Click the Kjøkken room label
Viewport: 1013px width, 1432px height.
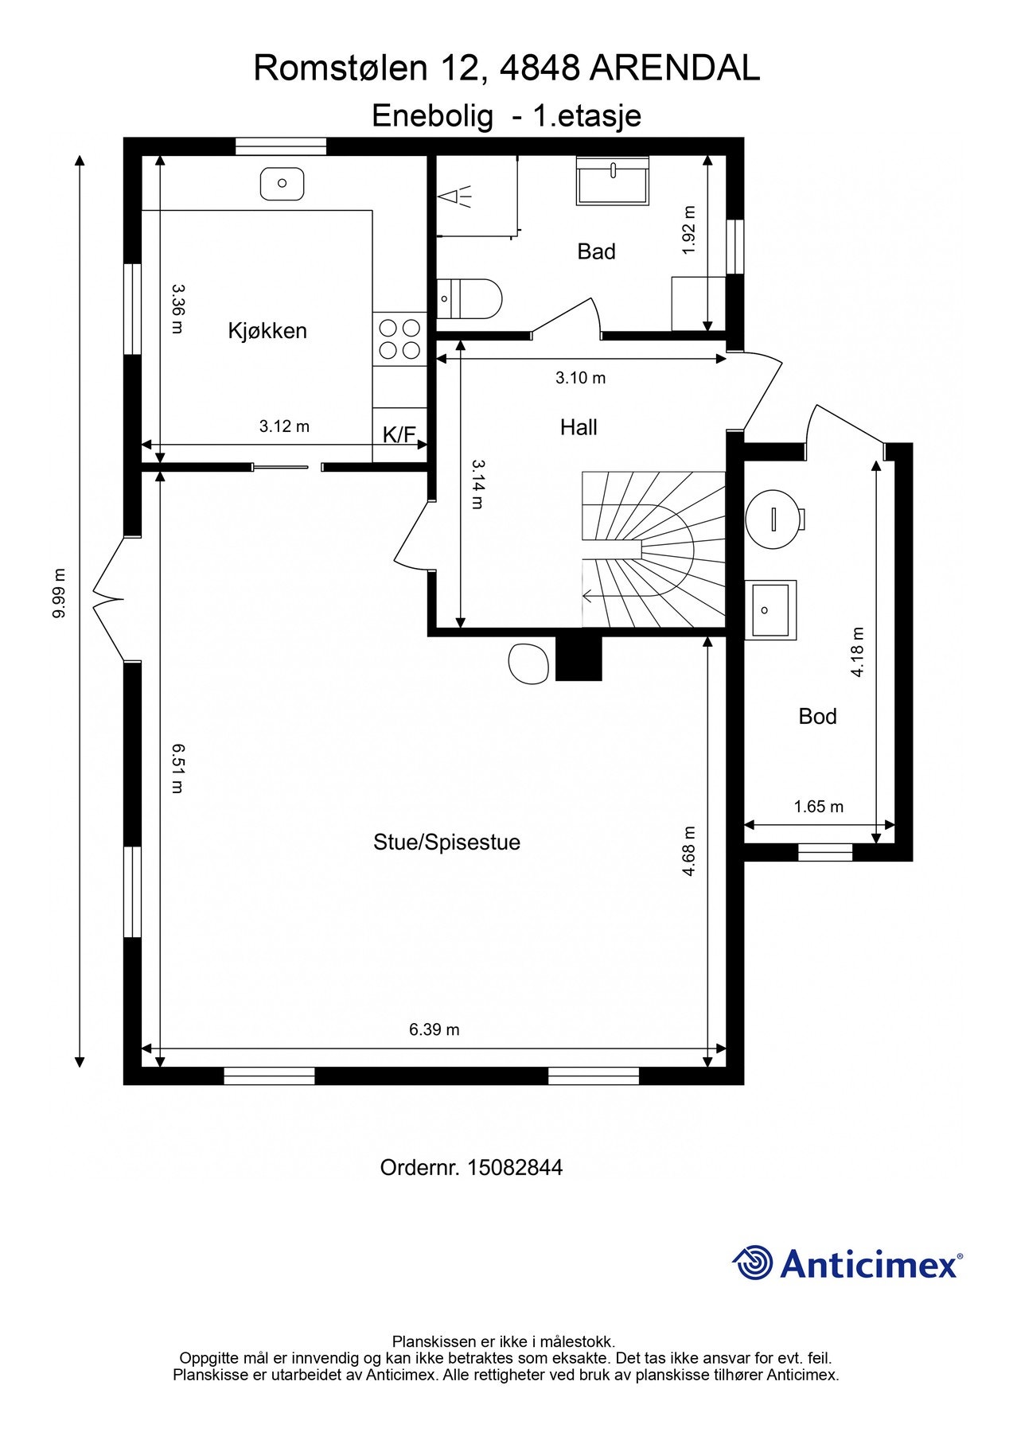pyautogui.click(x=267, y=330)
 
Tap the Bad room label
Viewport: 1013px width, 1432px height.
pyautogui.click(x=596, y=251)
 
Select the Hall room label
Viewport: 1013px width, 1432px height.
pyautogui.click(x=579, y=427)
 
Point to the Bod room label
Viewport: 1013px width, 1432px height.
pyautogui.click(x=817, y=716)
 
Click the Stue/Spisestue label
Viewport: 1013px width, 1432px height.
pyautogui.click(x=446, y=842)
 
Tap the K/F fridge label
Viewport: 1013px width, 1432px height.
pyautogui.click(x=399, y=434)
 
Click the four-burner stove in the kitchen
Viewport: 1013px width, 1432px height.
pyautogui.click(x=399, y=338)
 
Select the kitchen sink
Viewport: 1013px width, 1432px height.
pyautogui.click(x=282, y=183)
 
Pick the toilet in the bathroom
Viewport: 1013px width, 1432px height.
pyautogui.click(x=469, y=299)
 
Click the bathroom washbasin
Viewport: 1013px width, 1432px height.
pyautogui.click(x=613, y=181)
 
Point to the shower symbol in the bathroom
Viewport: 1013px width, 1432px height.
pyautogui.click(x=456, y=196)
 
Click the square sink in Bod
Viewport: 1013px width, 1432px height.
pyautogui.click(x=770, y=609)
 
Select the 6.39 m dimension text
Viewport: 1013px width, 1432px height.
pyautogui.click(x=434, y=1029)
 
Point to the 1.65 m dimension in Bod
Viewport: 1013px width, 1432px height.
pyautogui.click(x=819, y=807)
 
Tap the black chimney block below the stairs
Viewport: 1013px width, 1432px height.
pyautogui.click(x=579, y=657)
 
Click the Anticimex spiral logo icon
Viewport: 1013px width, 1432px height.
pyautogui.click(x=753, y=1263)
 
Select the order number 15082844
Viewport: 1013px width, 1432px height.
pyautogui.click(x=515, y=1167)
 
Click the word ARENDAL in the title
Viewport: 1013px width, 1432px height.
pyautogui.click(x=676, y=68)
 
